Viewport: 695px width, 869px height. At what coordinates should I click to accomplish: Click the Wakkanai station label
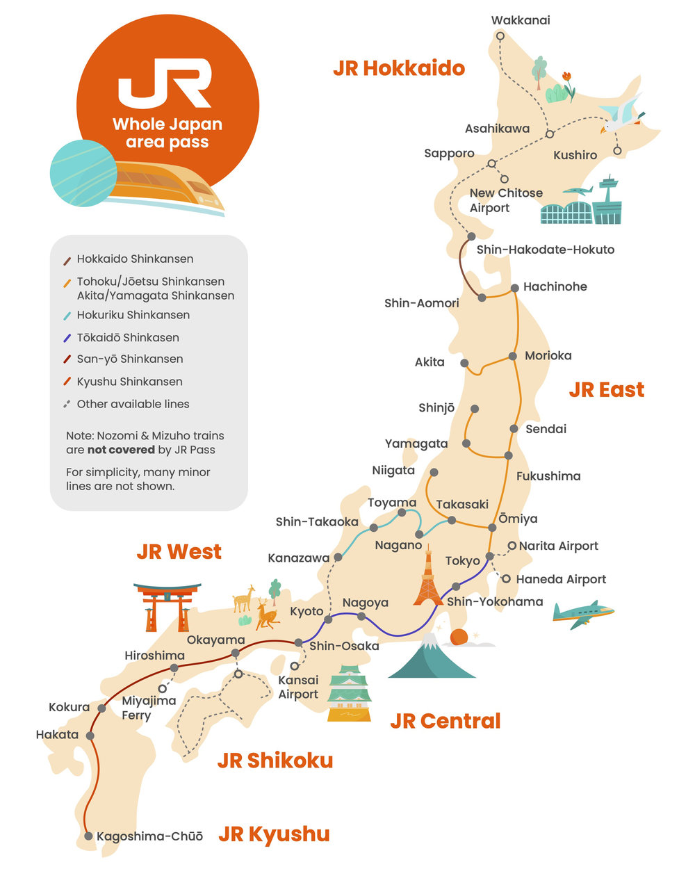pyautogui.click(x=520, y=20)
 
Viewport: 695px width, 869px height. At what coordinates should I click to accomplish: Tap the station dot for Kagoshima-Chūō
pyautogui.click(x=88, y=836)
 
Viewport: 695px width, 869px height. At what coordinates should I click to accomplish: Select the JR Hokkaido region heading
pyautogui.click(x=398, y=68)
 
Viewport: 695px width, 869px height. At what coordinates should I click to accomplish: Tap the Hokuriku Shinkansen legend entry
pyautogui.click(x=133, y=315)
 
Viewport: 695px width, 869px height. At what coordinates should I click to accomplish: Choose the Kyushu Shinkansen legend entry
pyautogui.click(x=129, y=382)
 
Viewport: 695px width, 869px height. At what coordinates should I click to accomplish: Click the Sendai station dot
pyautogui.click(x=514, y=429)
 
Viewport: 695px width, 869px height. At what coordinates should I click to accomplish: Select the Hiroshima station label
pyautogui.click(x=154, y=656)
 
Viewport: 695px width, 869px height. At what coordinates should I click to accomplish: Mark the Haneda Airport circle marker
pyautogui.click(x=506, y=578)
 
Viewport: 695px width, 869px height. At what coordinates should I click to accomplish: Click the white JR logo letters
pyautogui.click(x=165, y=83)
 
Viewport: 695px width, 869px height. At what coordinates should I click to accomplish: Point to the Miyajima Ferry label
pyautogui.click(x=148, y=708)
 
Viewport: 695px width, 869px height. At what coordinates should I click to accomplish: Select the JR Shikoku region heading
pyautogui.click(x=275, y=761)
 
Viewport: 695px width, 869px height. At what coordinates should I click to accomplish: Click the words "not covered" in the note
pyautogui.click(x=121, y=450)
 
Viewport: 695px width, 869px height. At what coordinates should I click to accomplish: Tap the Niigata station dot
pyautogui.click(x=433, y=473)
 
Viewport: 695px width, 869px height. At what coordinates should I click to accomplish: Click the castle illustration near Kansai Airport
pyautogui.click(x=349, y=694)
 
